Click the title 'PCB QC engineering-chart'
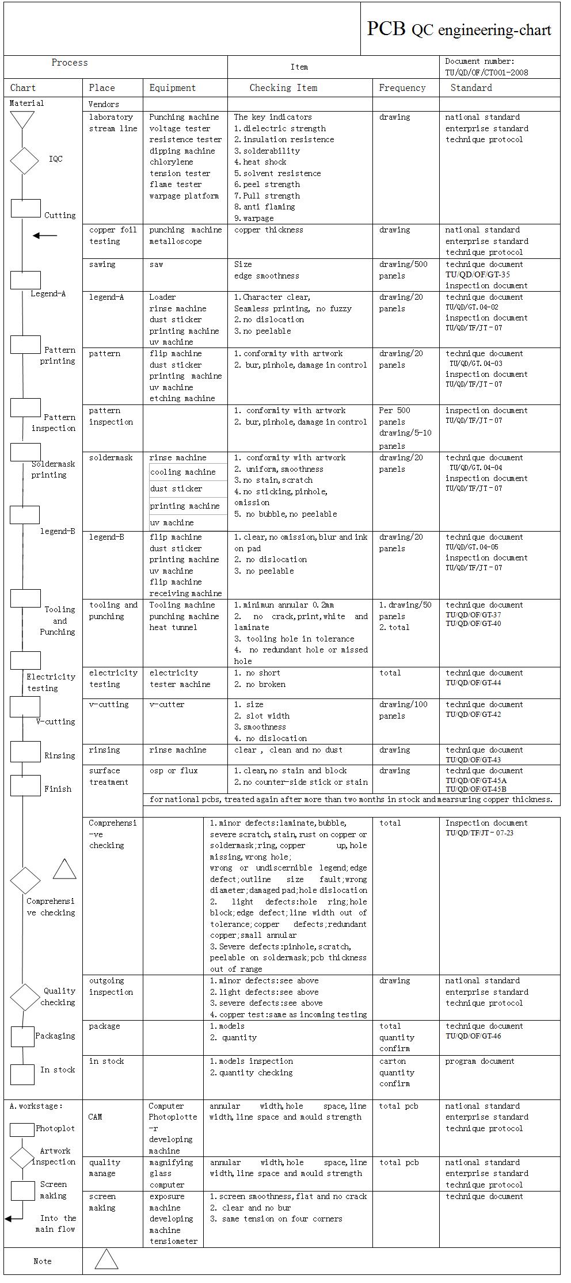(459, 29)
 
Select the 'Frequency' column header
(402, 88)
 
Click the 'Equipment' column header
(173, 88)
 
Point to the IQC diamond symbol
(24, 161)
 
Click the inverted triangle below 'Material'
(22, 120)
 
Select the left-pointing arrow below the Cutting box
(45, 236)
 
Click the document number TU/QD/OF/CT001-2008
(486, 72)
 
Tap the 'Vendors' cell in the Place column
(104, 104)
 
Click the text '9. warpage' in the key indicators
(254, 219)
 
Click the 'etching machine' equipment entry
(182, 399)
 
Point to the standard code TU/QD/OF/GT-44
(473, 683)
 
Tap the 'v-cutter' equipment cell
(167, 705)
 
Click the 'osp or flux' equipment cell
(173, 771)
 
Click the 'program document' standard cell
(480, 1061)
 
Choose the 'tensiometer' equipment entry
(173, 1242)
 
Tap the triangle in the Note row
(106, 1260)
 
